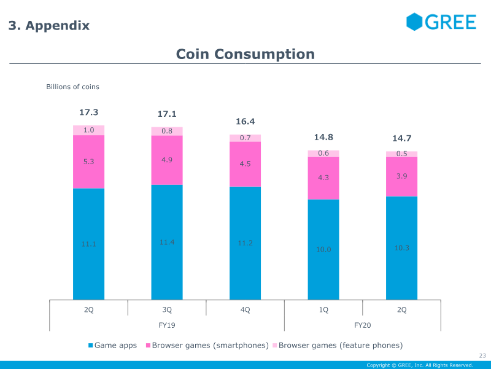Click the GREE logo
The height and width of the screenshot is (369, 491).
click(441, 22)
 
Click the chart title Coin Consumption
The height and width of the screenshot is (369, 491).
click(245, 54)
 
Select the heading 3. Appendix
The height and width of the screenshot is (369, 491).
click(49, 26)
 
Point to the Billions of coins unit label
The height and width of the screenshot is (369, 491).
click(72, 87)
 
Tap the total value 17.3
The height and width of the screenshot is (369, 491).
click(88, 113)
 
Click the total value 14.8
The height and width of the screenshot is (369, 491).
click(323, 137)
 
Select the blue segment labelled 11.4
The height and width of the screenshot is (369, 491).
click(167, 242)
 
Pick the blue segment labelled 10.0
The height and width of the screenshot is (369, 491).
click(323, 249)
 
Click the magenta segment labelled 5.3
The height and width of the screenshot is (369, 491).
click(88, 162)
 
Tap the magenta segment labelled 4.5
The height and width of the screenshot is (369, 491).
click(245, 164)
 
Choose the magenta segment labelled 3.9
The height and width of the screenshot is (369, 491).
click(401, 177)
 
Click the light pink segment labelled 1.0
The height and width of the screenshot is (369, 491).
click(88, 130)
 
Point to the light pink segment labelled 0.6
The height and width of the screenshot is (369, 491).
click(323, 153)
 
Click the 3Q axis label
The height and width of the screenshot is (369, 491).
click(167, 309)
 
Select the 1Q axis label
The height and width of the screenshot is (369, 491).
click(323, 309)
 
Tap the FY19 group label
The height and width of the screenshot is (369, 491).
click(167, 324)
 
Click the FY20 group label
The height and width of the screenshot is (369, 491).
click(363, 324)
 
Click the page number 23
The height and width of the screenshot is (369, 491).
click(482, 355)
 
